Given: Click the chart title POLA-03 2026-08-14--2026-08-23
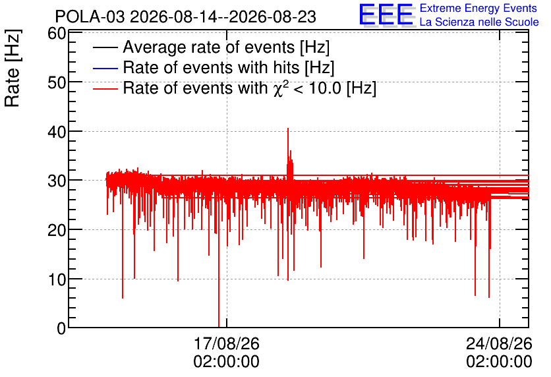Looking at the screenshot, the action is (x=186, y=16).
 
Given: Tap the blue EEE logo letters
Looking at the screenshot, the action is (x=386, y=14).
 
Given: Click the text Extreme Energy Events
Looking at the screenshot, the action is (x=478, y=8).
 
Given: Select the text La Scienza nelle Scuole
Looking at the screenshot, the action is (x=479, y=22).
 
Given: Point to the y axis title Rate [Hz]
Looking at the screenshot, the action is (x=13, y=68).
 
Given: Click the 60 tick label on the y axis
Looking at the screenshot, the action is (x=57, y=34).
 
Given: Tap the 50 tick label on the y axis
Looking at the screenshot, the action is (x=57, y=83).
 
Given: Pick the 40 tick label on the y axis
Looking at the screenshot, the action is (x=57, y=132).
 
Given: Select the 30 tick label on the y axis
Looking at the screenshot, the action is (x=57, y=181).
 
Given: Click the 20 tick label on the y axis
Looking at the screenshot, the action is (x=57, y=231).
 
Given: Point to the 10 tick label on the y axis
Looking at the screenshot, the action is (x=57, y=279).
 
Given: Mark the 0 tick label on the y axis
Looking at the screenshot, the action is (x=61, y=328).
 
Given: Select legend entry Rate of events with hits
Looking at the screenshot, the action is (x=229, y=67).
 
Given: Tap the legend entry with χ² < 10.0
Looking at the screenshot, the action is (x=250, y=88).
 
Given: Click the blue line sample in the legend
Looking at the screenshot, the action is (x=105, y=68).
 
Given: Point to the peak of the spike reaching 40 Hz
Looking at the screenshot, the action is (x=288, y=129).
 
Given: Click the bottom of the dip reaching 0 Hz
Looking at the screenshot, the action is (x=219, y=327).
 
